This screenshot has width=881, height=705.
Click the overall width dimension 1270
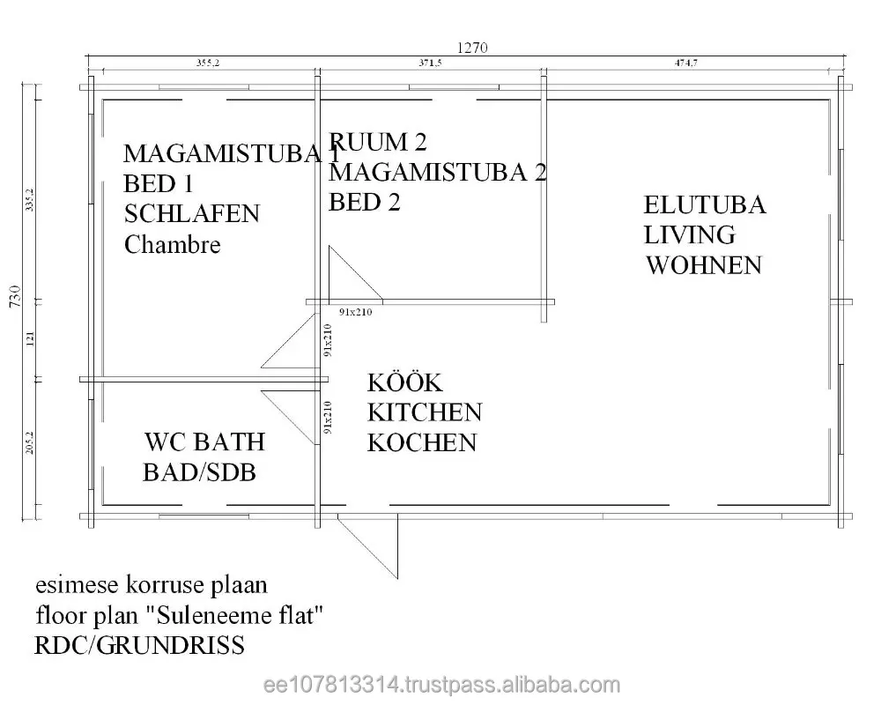[471, 48]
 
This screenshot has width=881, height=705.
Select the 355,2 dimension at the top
[206, 63]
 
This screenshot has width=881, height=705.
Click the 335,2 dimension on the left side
[29, 204]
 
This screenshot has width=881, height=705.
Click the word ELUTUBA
[705, 205]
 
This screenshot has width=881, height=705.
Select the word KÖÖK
[404, 383]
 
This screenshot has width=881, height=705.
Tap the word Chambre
[173, 244]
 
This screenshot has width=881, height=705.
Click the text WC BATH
[204, 441]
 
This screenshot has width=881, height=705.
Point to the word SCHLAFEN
[192, 213]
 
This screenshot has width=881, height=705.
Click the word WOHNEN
[704, 265]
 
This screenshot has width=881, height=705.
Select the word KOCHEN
[422, 442]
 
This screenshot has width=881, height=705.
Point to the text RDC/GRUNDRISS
[139, 646]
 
